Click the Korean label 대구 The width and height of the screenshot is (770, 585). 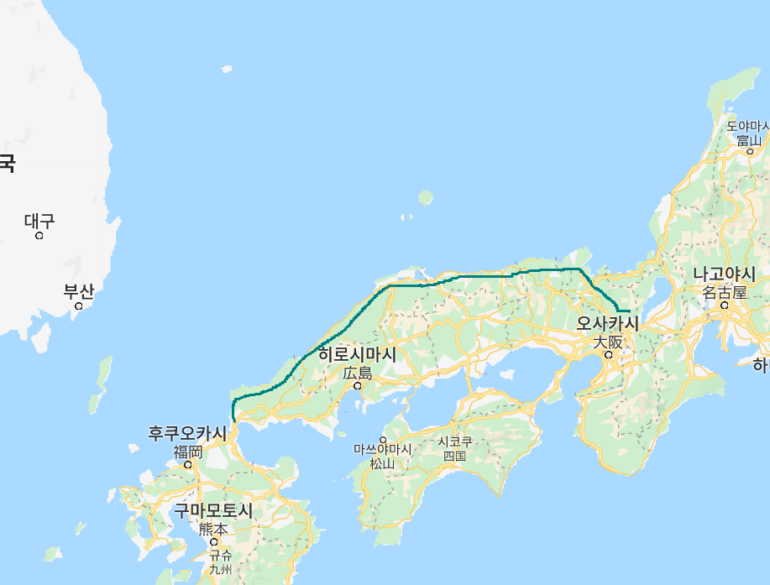click(39, 222)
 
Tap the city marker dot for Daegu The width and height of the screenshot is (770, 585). click(39, 236)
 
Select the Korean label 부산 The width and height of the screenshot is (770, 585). click(79, 292)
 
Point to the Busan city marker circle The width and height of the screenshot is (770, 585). click(79, 306)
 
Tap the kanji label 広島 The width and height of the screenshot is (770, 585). click(357, 373)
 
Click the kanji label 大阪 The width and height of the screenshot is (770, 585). click(608, 342)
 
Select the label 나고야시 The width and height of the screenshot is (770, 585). click(724, 274)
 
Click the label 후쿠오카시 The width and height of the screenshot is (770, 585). click(187, 434)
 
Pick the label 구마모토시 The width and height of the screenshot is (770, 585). click(213, 511)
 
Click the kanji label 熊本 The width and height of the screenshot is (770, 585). click(212, 529)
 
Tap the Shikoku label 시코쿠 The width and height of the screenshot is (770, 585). click(454, 442)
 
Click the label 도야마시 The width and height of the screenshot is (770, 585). click(747, 127)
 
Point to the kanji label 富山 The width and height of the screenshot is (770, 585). click(748, 140)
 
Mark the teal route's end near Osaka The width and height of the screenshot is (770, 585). click(629, 311)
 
